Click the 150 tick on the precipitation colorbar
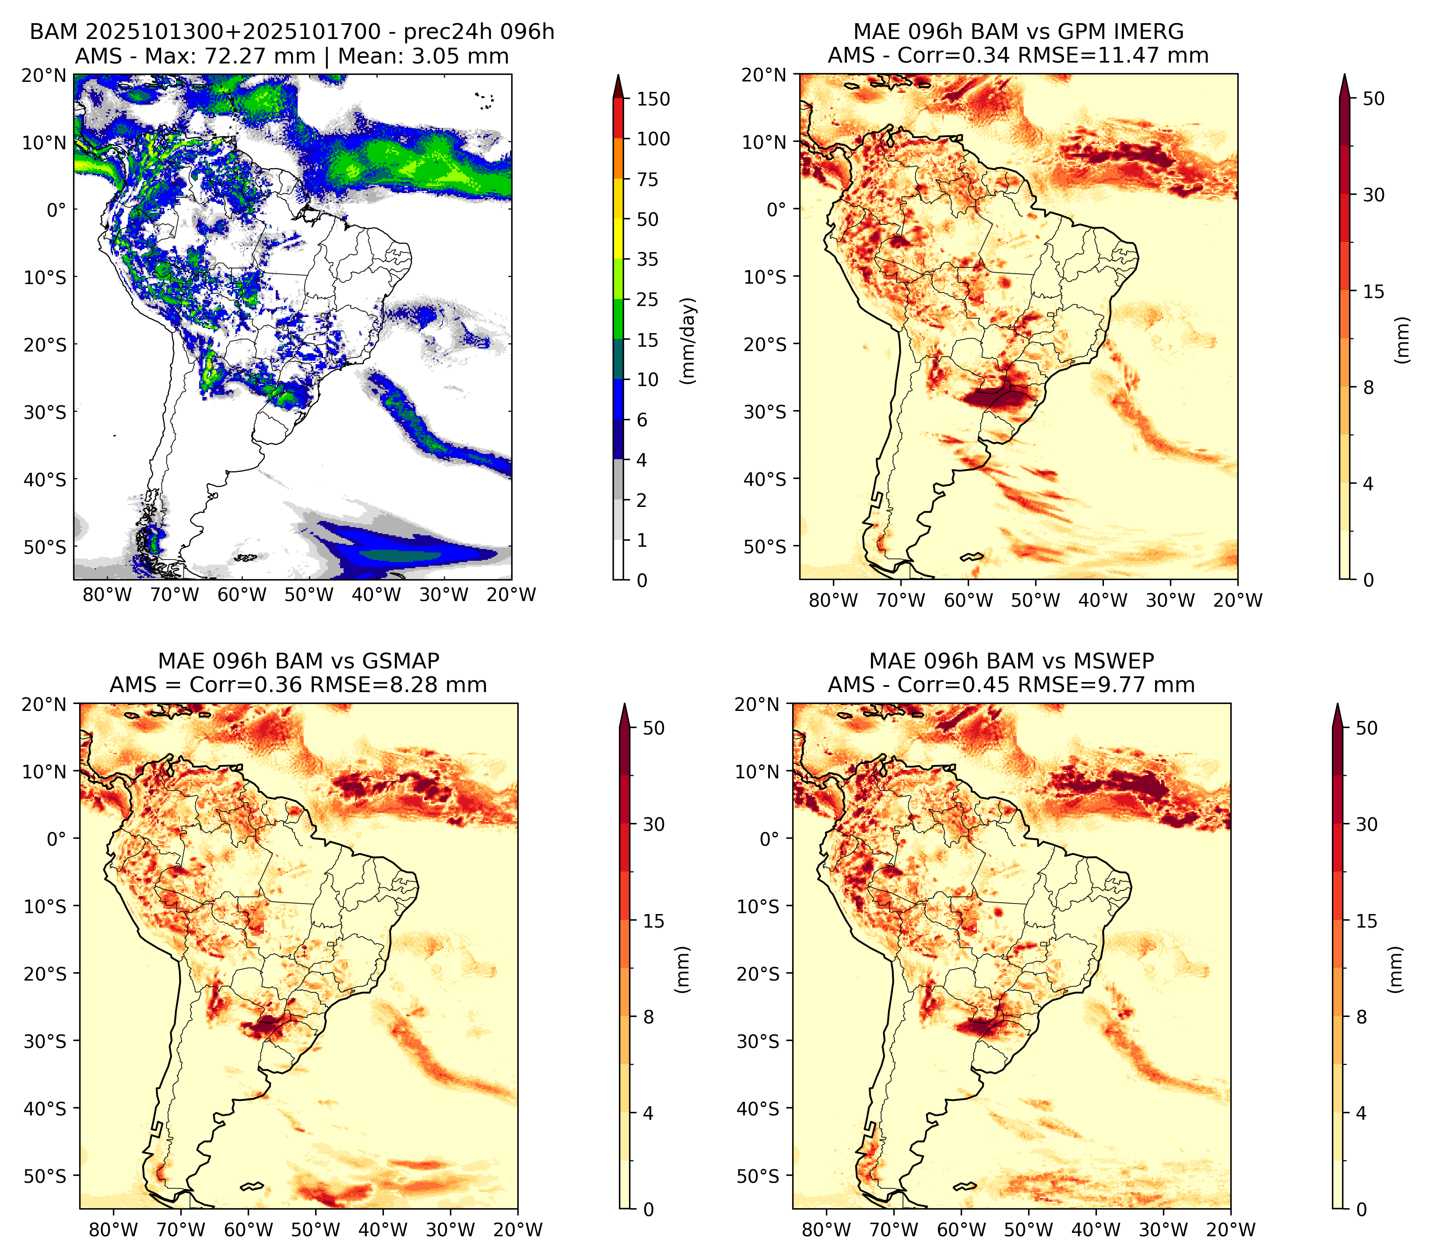[653, 99]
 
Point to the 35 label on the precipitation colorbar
[647, 259]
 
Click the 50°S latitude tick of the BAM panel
[45, 547]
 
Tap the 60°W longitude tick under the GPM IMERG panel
[968, 600]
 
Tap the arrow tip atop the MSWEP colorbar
[1338, 704]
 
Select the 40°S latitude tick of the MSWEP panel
[758, 1108]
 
